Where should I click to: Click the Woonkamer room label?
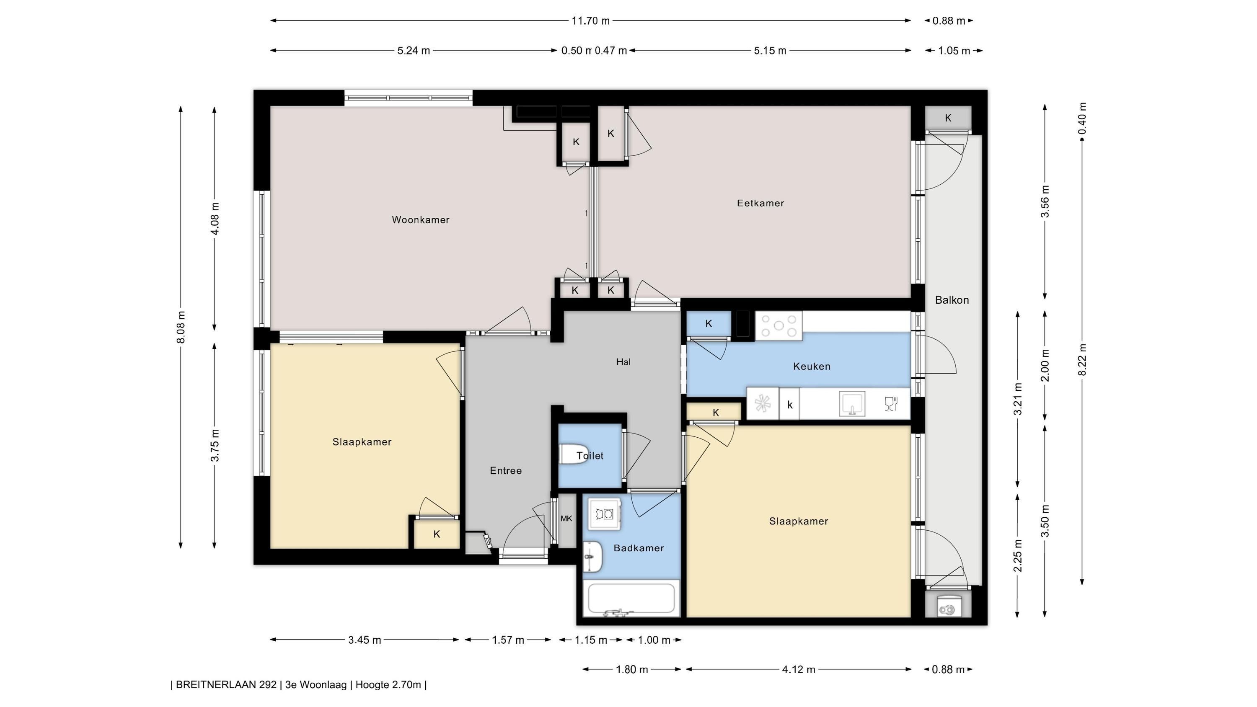pyautogui.click(x=421, y=220)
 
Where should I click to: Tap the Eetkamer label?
pyautogui.click(x=760, y=204)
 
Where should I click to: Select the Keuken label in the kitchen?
pyautogui.click(x=812, y=366)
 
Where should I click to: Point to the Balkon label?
pyautogui.click(x=952, y=300)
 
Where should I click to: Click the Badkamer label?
pyautogui.click(x=639, y=548)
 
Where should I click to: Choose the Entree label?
pyautogui.click(x=506, y=471)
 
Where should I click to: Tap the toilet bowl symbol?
pyautogui.click(x=572, y=454)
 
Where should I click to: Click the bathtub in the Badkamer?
pyautogui.click(x=631, y=598)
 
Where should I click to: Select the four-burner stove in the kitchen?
pyautogui.click(x=779, y=326)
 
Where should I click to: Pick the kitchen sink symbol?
pyautogui.click(x=852, y=404)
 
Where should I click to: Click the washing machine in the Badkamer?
pyautogui.click(x=605, y=513)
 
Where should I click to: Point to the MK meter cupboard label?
pyautogui.click(x=566, y=519)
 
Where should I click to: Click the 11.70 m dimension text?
pyautogui.click(x=590, y=21)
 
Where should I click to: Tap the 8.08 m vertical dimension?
pyautogui.click(x=181, y=327)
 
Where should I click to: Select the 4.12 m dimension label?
pyautogui.click(x=798, y=669)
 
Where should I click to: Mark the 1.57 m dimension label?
pyautogui.click(x=507, y=640)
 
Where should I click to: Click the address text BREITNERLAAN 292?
pyautogui.click(x=226, y=684)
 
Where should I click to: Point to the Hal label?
pyautogui.click(x=623, y=362)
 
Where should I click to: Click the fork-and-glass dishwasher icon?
pyautogui.click(x=891, y=404)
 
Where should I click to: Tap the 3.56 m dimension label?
pyautogui.click(x=1045, y=202)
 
